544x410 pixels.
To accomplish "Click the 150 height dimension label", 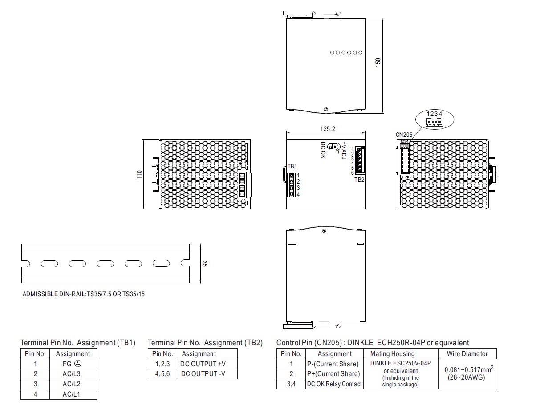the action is click(378, 62).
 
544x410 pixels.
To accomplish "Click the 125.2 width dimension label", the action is click(327, 129).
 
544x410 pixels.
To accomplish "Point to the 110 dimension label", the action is click(139, 175).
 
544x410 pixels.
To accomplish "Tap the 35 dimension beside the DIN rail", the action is click(205, 264).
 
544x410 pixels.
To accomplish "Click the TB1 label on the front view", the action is click(292, 166).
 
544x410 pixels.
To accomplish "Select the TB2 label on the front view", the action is click(359, 180).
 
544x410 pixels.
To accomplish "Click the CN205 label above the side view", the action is click(404, 135).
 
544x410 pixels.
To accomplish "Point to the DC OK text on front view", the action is click(323, 150).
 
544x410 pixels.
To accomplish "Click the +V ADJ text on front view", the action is click(344, 151).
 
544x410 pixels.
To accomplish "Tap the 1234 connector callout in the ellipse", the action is click(434, 114).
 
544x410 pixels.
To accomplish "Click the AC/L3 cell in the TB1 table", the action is click(71, 373).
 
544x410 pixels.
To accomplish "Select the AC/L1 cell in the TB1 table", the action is click(71, 394).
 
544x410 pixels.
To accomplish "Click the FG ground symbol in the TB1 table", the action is click(78, 364).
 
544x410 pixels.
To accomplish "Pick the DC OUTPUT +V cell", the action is click(203, 364).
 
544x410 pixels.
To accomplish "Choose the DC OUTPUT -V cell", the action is click(203, 373).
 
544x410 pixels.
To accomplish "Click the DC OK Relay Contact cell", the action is click(334, 384).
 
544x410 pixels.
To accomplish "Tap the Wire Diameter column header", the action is click(467, 354).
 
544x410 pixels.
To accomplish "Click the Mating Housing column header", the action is click(392, 354).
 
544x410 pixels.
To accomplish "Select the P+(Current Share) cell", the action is click(333, 373).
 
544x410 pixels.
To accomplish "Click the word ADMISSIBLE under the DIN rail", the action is click(40, 294).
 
